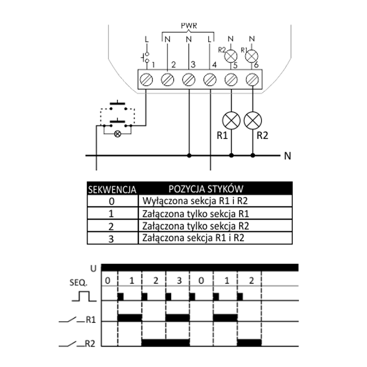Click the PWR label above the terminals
(x=189, y=26)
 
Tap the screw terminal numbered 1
(x=146, y=79)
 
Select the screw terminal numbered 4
(x=210, y=79)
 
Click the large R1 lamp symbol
(x=231, y=121)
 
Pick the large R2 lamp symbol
(x=252, y=121)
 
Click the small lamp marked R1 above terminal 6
(x=252, y=56)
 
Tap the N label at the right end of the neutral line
(x=287, y=156)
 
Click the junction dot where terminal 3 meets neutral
(x=189, y=156)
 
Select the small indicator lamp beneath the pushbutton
(x=117, y=134)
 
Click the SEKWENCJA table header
(x=112, y=190)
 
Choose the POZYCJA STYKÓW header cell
(x=206, y=189)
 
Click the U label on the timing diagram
(x=93, y=268)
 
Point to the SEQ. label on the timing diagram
(x=79, y=283)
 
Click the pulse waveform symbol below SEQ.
(x=84, y=296)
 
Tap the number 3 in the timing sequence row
(x=179, y=281)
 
